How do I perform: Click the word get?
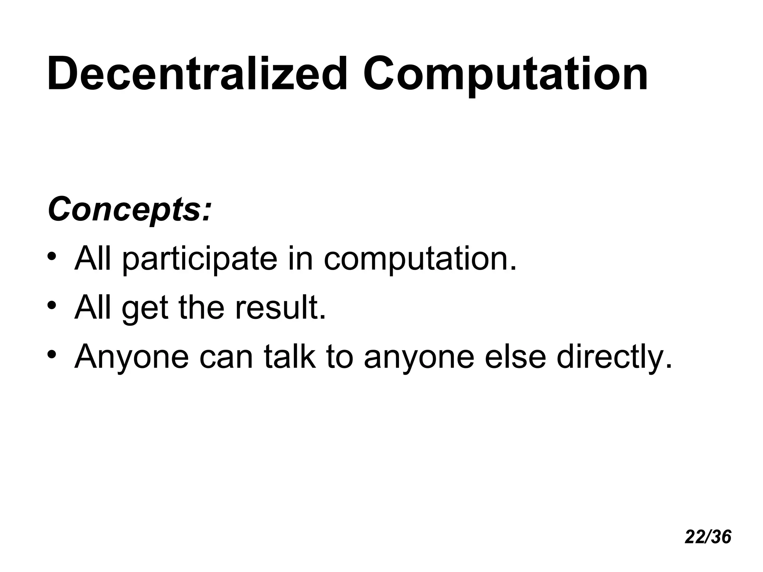[145, 309]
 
